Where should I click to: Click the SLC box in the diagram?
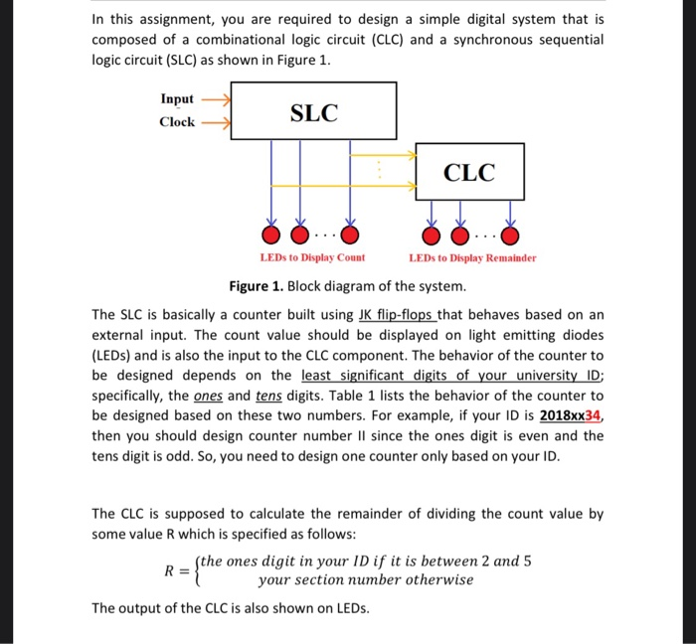313,111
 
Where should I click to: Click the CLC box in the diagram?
468,172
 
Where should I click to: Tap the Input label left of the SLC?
178,99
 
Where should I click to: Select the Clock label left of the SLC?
177,122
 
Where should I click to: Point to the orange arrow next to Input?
217,99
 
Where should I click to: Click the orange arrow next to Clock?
217,123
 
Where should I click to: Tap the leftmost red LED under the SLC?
270,236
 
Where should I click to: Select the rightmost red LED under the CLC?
510,236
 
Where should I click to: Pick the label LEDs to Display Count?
312,258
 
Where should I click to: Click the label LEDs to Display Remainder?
472,258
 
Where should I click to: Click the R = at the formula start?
176,570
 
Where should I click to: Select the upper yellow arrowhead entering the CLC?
411,155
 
